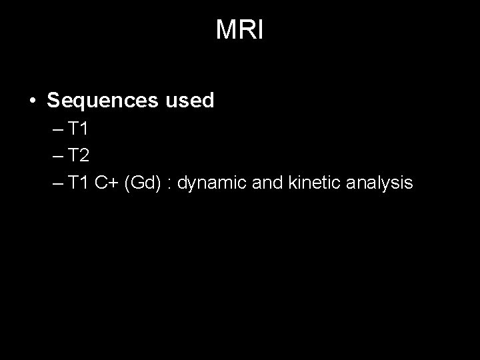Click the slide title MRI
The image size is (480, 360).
(240, 30)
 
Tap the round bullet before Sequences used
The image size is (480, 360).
(32, 101)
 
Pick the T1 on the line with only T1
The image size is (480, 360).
(77, 128)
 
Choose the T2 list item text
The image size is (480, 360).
(77, 155)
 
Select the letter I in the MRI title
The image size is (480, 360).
(261, 30)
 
